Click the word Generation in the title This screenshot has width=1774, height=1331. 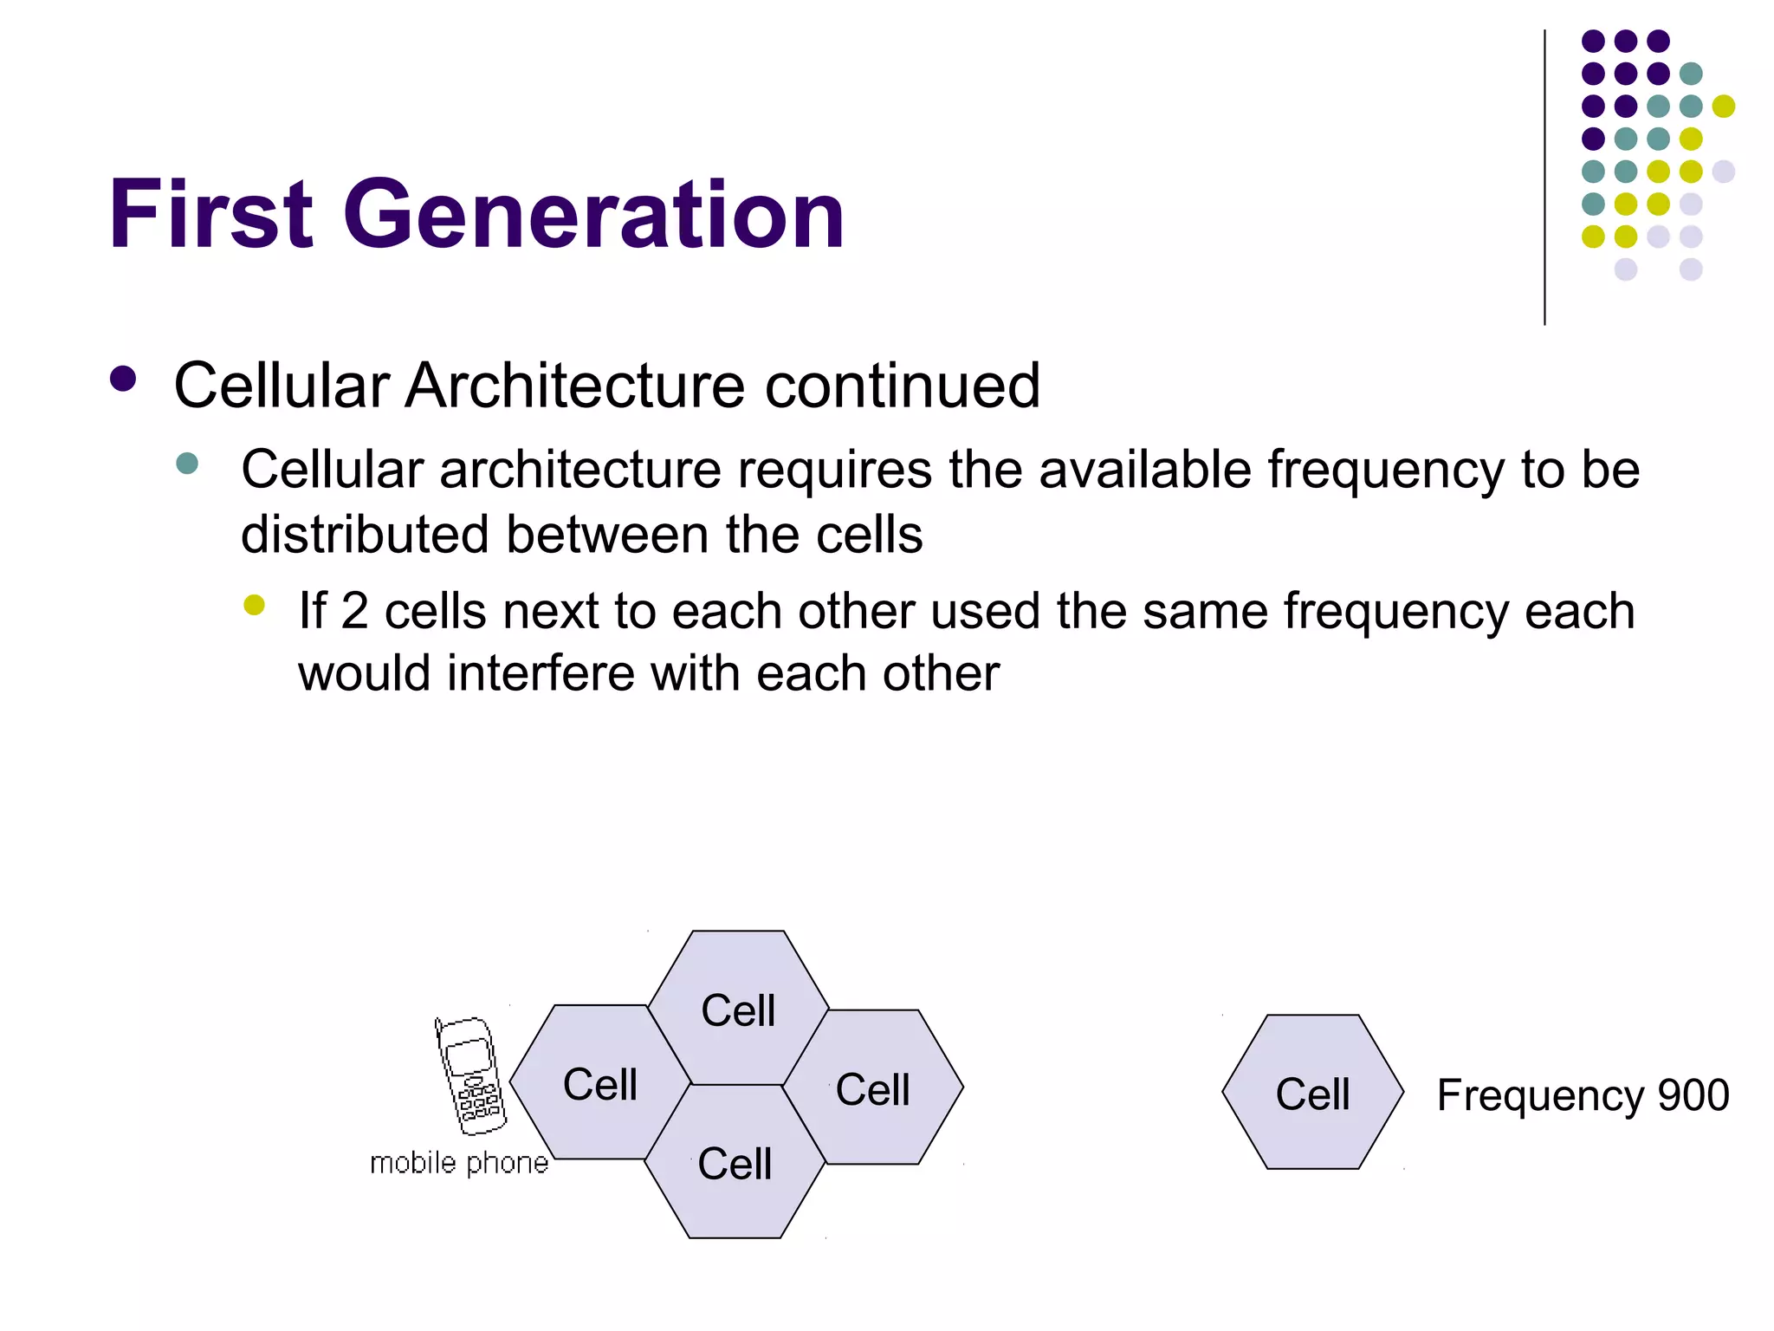pos(593,214)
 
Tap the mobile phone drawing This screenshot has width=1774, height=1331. pos(470,1075)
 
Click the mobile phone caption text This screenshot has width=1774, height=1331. pos(459,1163)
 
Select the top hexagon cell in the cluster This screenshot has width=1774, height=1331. pos(738,1008)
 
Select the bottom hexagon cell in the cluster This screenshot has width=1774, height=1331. pos(735,1163)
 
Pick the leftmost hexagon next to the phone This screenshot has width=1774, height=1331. pos(599,1083)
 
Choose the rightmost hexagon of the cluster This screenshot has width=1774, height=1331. pos(873,1088)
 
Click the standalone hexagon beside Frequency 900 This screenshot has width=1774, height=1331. pos(1312,1093)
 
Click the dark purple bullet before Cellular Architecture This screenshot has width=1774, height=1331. pos(124,380)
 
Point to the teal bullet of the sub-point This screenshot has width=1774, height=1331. pos(186,463)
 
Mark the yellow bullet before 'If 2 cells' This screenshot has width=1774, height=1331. pos(254,605)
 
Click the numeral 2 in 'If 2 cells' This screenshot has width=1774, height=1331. pos(353,610)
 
